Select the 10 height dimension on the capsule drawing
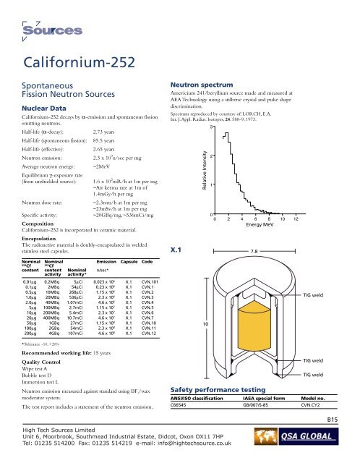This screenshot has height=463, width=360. click(205, 323)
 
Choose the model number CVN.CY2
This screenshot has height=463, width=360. click(312, 404)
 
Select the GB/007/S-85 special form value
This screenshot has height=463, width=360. click(250, 404)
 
